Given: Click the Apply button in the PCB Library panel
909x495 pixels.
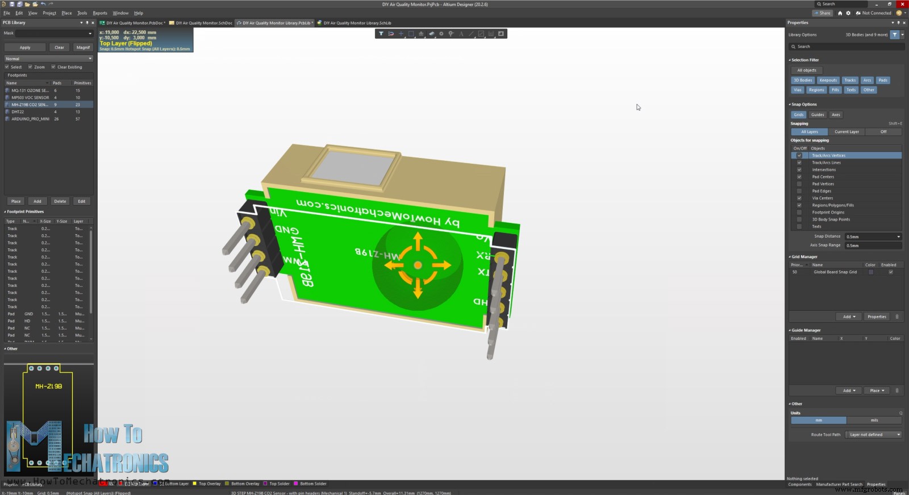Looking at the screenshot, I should pyautogui.click(x=25, y=48).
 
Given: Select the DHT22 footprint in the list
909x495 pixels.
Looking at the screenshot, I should pyautogui.click(x=18, y=112).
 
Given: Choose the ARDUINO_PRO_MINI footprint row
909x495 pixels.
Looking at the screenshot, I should pyautogui.click(x=30, y=119).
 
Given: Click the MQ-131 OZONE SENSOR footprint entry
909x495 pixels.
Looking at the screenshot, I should pyautogui.click(x=30, y=90).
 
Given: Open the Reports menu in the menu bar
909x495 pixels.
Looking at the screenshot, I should pyautogui.click(x=100, y=13).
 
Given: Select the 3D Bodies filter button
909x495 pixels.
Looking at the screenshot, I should pyautogui.click(x=803, y=80).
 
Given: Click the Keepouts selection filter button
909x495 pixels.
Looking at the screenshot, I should pyautogui.click(x=828, y=80).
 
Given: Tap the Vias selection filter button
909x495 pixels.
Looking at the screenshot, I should pyautogui.click(x=797, y=90).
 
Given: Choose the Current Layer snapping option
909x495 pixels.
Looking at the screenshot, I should pyautogui.click(x=847, y=132).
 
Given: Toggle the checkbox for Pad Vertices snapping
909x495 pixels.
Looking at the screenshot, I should pyautogui.click(x=799, y=184).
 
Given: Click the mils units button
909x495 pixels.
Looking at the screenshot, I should pyautogui.click(x=874, y=421).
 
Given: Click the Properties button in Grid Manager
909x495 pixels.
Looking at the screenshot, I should pyautogui.click(x=877, y=317).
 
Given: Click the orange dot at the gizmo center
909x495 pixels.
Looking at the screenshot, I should pyautogui.click(x=418, y=265).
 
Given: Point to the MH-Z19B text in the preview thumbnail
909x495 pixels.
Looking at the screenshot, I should pyautogui.click(x=49, y=386).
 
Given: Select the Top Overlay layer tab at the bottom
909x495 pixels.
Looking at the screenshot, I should pyautogui.click(x=209, y=484).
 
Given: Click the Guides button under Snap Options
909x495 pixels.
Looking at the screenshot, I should pyautogui.click(x=818, y=115).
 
